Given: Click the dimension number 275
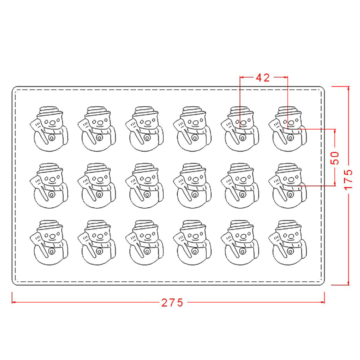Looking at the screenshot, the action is [172, 302].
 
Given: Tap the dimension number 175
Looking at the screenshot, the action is [348, 179].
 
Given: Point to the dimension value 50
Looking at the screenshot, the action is [334, 157].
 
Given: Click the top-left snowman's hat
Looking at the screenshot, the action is [49, 112].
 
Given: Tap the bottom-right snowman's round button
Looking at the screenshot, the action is [290, 251].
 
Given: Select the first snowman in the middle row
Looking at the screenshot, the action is [49, 185].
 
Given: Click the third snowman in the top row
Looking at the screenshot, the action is [144, 129].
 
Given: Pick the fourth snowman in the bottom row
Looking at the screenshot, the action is [192, 242].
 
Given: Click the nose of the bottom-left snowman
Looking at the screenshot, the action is [52, 236].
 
